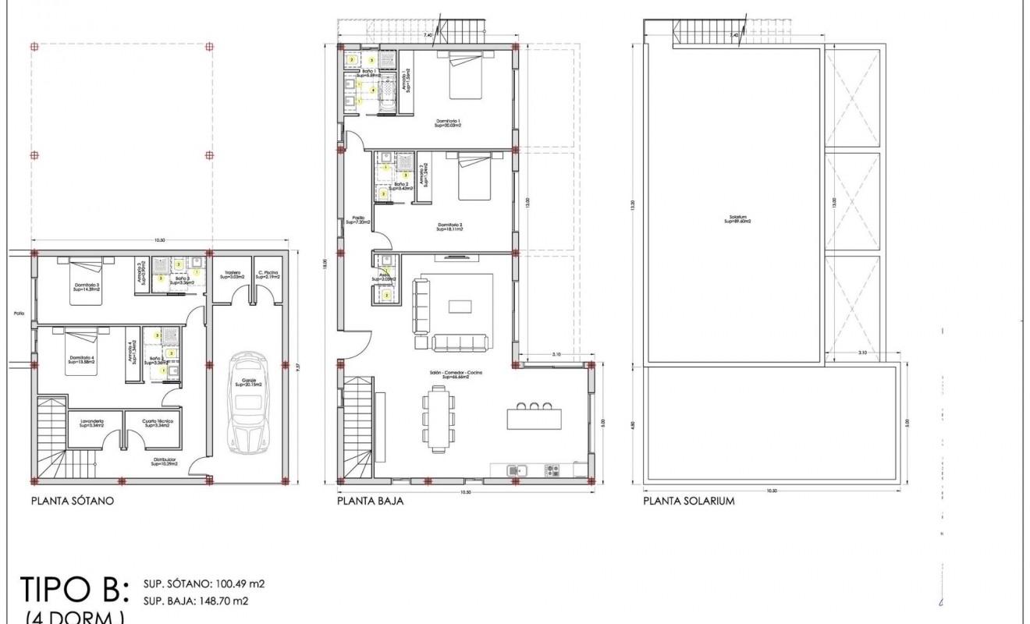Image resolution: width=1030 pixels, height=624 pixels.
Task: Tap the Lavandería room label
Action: point(91,424)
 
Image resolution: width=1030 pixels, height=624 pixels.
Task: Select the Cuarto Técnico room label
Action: point(158,424)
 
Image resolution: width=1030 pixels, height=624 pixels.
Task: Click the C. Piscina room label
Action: point(268,275)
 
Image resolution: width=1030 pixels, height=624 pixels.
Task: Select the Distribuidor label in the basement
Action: point(165,462)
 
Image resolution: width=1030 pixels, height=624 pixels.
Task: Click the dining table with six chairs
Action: point(439,420)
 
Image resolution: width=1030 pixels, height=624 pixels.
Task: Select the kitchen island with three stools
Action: point(534,418)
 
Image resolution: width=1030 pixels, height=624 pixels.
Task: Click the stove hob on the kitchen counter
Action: point(552,470)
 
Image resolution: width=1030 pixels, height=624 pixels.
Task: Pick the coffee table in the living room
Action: point(460,307)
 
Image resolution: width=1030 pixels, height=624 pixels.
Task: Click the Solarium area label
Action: point(736,219)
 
